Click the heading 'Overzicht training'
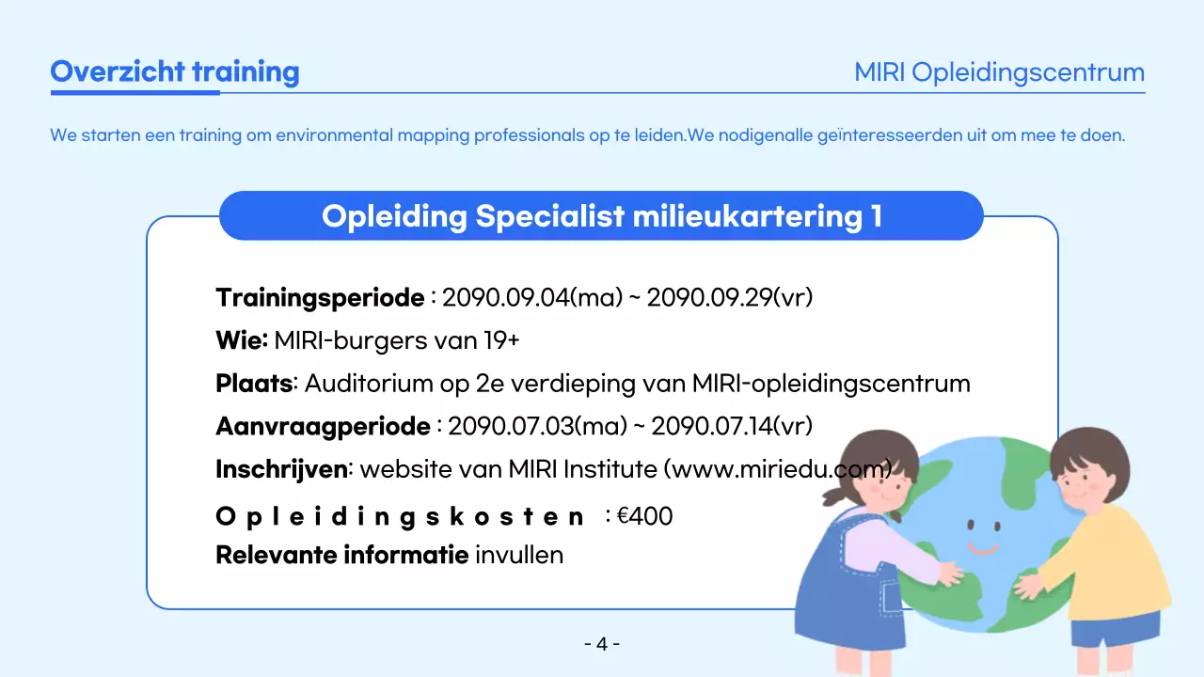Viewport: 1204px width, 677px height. [x=174, y=72]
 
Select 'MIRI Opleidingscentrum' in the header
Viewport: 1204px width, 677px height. [x=999, y=72]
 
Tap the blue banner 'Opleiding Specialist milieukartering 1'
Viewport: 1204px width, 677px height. [x=601, y=216]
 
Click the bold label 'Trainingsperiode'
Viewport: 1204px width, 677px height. [x=320, y=298]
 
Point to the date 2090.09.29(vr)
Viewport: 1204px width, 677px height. [x=729, y=298]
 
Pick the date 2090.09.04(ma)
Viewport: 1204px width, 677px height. [x=532, y=298]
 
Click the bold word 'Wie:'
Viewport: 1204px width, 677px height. [x=242, y=340]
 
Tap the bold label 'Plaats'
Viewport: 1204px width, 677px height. [x=254, y=384]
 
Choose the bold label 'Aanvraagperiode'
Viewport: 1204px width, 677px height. [x=323, y=427]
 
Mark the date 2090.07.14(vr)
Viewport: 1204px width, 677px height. [x=732, y=427]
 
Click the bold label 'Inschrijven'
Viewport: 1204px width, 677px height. [x=281, y=469]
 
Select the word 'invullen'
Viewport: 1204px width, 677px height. [x=519, y=555]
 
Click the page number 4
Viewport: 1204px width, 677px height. [x=602, y=644]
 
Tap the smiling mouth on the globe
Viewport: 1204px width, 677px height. [x=983, y=547]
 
